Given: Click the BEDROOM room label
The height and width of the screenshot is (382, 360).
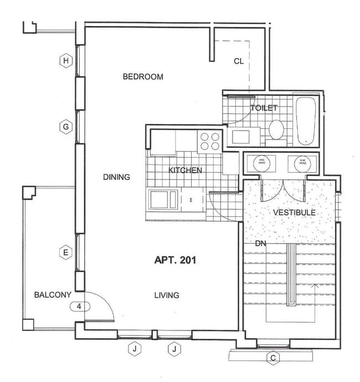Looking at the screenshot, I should click(143, 77).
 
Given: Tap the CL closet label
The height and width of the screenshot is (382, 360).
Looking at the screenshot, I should click(238, 61).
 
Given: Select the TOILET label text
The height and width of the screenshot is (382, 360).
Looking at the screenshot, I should click(264, 109).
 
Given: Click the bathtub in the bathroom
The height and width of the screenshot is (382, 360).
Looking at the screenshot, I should click(306, 122).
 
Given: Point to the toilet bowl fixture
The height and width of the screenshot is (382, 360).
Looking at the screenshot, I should click(276, 131).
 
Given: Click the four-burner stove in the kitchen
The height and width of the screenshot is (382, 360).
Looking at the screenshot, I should click(209, 141).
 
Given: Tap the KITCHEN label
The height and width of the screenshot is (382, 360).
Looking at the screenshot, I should click(185, 171).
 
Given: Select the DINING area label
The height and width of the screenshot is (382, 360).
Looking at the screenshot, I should click(116, 177).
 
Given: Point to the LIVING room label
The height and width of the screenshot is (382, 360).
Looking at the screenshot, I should click(166, 295).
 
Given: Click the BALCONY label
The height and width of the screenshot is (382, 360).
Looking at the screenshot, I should click(52, 295).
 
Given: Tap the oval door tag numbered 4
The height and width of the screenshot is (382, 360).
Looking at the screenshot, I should click(79, 306).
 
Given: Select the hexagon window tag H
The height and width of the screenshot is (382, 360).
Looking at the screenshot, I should click(66, 60).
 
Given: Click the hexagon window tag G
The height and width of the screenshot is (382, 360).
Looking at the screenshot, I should click(66, 127).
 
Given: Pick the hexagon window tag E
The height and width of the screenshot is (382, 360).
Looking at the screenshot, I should click(66, 253).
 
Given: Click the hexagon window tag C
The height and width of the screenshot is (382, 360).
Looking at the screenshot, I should click(272, 358).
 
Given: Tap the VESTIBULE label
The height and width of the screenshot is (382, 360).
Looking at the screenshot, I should click(295, 212).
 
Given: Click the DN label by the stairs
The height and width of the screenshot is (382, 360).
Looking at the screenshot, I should click(261, 243).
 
